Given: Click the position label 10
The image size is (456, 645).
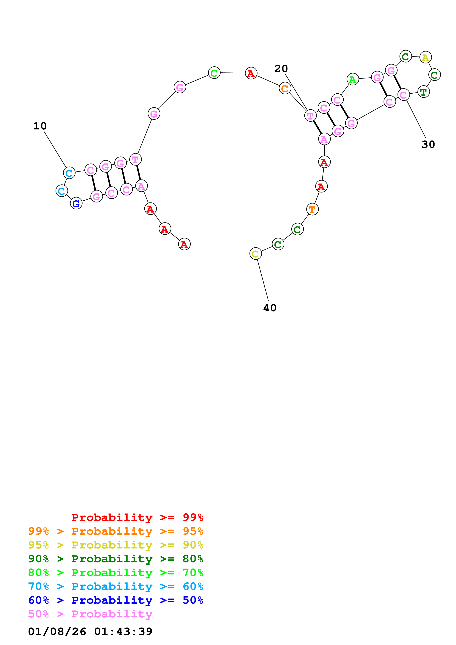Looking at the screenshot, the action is click(40, 126).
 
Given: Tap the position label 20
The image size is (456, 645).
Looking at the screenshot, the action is click(281, 69).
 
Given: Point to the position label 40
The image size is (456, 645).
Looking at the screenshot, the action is click(270, 308).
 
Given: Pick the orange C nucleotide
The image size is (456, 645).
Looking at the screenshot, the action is click(285, 88).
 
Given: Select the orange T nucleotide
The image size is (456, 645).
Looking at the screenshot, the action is click(312, 209).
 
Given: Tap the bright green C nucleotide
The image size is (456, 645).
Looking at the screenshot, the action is click(214, 73).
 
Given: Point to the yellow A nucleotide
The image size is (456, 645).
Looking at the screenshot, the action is click(425, 58).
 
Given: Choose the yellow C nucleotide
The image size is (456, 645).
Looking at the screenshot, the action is click(255, 254).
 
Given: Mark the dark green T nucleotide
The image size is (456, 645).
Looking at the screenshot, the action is click(423, 92).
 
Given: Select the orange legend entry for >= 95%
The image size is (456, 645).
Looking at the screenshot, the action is click(116, 531).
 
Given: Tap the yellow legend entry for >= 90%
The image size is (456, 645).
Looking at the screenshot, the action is click(116, 545).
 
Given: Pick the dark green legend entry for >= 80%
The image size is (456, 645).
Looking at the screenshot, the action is click(116, 559).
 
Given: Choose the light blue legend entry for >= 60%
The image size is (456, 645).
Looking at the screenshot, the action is click(116, 586).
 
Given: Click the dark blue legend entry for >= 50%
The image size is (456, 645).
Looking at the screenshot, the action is click(116, 600).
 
